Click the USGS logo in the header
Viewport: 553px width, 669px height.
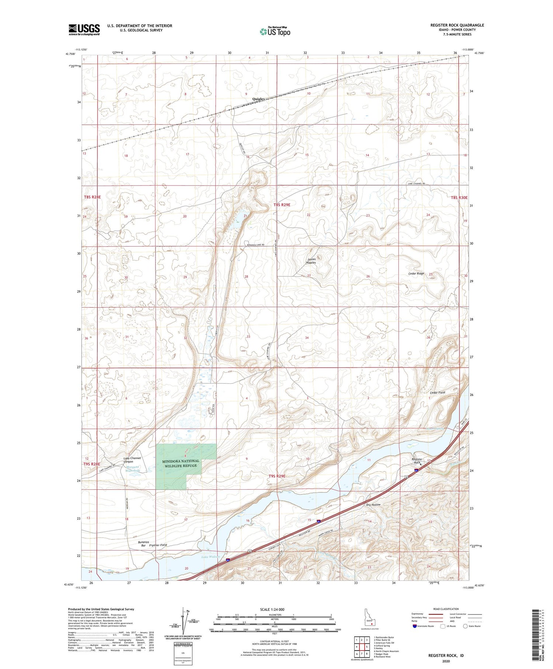coord(84,30)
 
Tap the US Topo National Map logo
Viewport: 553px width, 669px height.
coord(275,32)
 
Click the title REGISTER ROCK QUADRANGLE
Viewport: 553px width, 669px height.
coord(457,25)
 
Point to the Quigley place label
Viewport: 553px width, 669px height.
coord(258,99)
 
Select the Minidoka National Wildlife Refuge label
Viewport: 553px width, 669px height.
coord(180,463)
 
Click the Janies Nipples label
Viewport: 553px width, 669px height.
coord(311,261)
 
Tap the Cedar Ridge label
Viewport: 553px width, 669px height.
coord(416,273)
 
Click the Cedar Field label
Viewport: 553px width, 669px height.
coord(438,393)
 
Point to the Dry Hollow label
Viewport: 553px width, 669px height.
coord(373,504)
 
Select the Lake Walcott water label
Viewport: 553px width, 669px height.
coord(211,556)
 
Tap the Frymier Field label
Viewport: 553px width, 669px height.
coord(158,545)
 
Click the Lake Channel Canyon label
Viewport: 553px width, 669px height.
coord(132,460)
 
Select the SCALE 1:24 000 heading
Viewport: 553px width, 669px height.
coord(272,609)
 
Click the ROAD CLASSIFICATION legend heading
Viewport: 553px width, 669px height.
coord(446,609)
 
